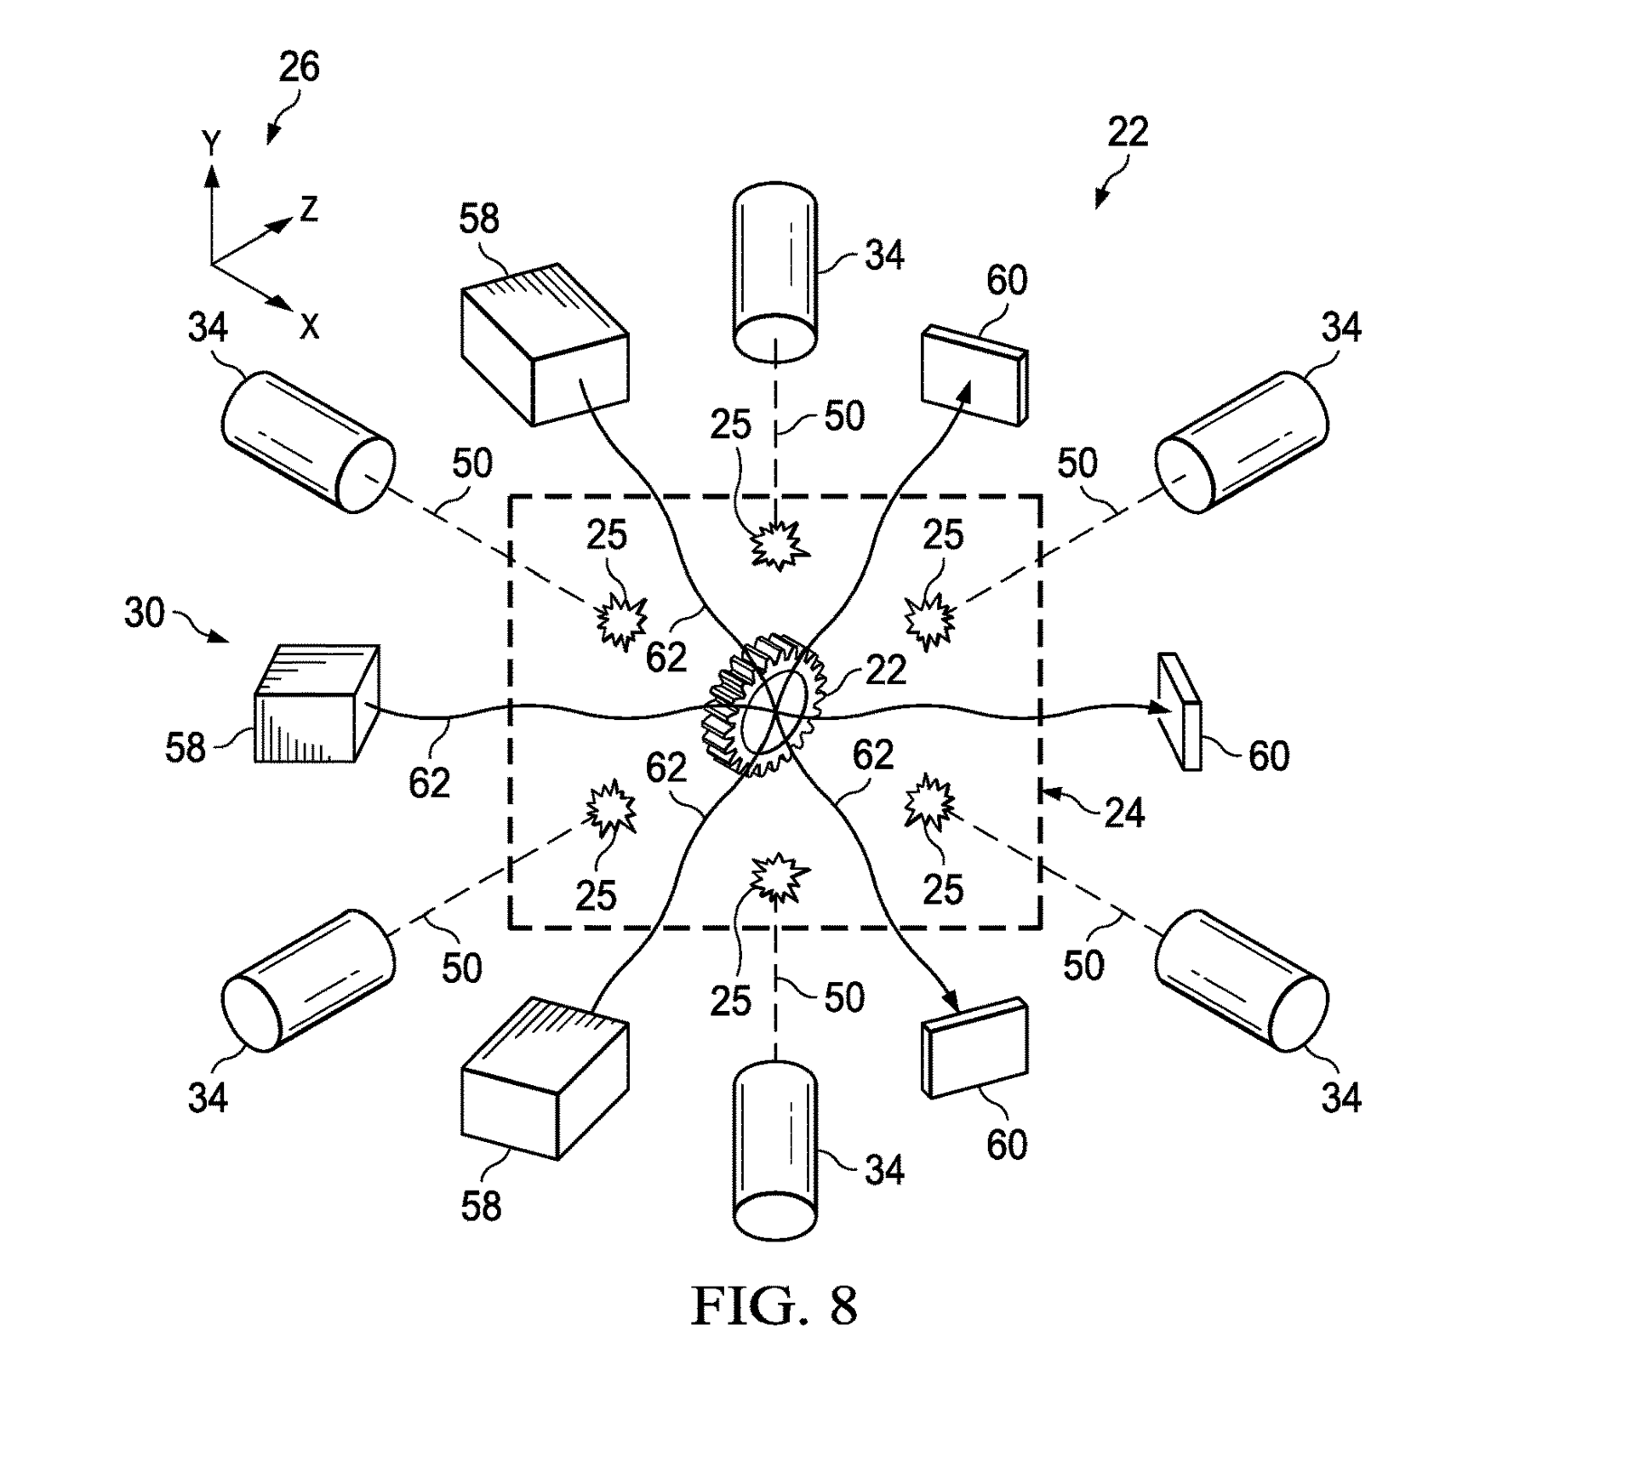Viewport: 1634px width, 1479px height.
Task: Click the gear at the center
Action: pos(764,705)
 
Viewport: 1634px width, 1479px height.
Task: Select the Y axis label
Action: pos(211,143)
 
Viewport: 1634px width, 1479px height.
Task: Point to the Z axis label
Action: pos(308,209)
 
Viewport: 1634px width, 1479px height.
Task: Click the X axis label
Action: pos(309,326)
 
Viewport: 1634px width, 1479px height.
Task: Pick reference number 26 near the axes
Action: pos(299,67)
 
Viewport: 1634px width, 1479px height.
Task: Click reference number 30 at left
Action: pos(144,613)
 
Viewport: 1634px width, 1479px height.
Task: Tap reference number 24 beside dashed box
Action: pos(1123,814)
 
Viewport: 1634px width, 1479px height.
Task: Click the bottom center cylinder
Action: pos(774,1149)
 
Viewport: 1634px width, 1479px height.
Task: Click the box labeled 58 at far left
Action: pos(317,703)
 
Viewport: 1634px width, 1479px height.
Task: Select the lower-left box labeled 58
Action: pos(544,1076)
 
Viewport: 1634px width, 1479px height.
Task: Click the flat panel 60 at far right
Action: pos(1180,711)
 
